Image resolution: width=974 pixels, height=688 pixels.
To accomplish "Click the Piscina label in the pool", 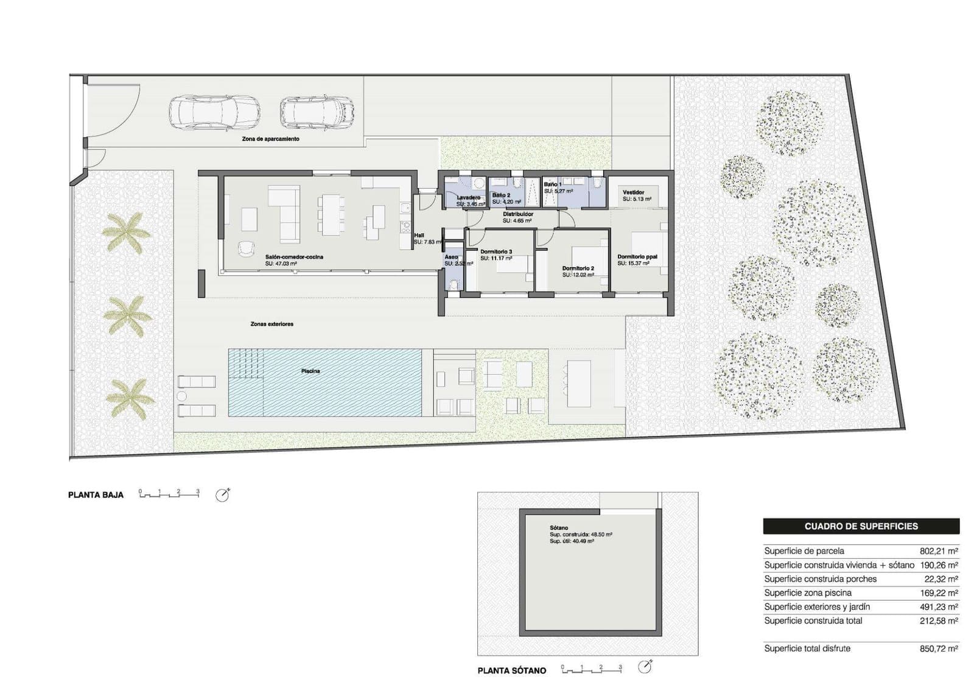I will (x=310, y=371).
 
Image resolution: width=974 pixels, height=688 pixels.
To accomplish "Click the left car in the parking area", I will (x=214, y=113).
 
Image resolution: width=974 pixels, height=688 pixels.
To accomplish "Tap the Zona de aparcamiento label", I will (x=270, y=139).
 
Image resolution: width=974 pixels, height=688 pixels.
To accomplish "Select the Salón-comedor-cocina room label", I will (x=294, y=257).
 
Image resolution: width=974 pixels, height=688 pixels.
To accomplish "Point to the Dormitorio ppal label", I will (x=637, y=257).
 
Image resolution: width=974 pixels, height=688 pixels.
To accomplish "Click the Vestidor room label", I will (x=633, y=192).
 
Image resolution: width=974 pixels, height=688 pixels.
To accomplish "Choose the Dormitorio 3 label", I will (x=496, y=251).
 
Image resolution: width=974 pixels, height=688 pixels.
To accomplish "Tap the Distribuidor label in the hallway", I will (x=518, y=214).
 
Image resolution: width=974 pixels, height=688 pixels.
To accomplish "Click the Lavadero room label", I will (x=469, y=198).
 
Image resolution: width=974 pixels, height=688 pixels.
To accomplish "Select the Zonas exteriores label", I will (x=272, y=324).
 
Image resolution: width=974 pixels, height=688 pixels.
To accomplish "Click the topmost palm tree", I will (x=126, y=233).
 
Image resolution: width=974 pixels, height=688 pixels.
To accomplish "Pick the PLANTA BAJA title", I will (x=96, y=495).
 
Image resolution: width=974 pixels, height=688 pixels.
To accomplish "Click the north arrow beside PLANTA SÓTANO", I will (x=645, y=667).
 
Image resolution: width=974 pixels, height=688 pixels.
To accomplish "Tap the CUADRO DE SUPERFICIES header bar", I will (x=861, y=526).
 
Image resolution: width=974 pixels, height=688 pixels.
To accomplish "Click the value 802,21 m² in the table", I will (x=939, y=551).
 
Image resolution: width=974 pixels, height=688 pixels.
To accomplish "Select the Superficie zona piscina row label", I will (x=808, y=593).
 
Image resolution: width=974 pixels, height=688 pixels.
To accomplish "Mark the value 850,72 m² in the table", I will (x=939, y=649).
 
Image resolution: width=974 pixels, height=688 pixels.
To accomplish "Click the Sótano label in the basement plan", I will (x=558, y=528).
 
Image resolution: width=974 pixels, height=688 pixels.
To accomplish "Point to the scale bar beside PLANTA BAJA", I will (x=169, y=494).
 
